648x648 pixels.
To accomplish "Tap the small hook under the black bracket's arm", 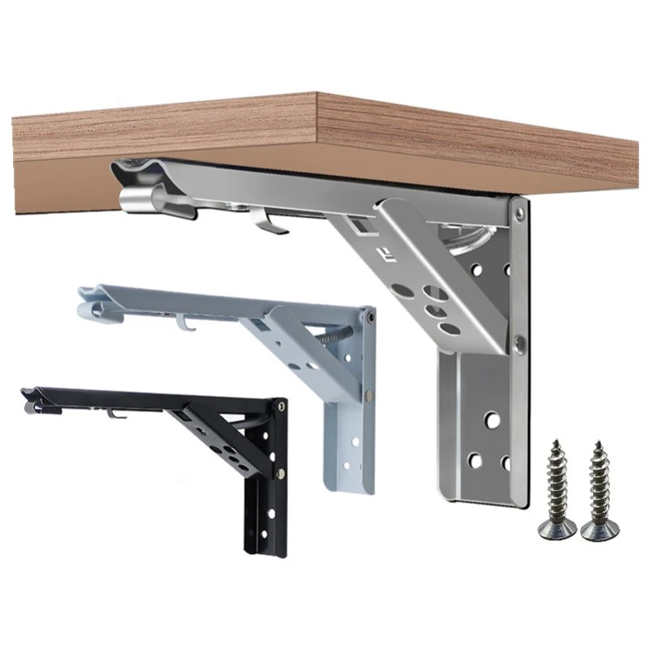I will pyautogui.click(x=116, y=415).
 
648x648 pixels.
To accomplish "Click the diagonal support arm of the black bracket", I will pyautogui.click(x=219, y=437).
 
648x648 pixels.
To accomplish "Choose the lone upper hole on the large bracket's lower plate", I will pyautogui.click(x=489, y=420).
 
